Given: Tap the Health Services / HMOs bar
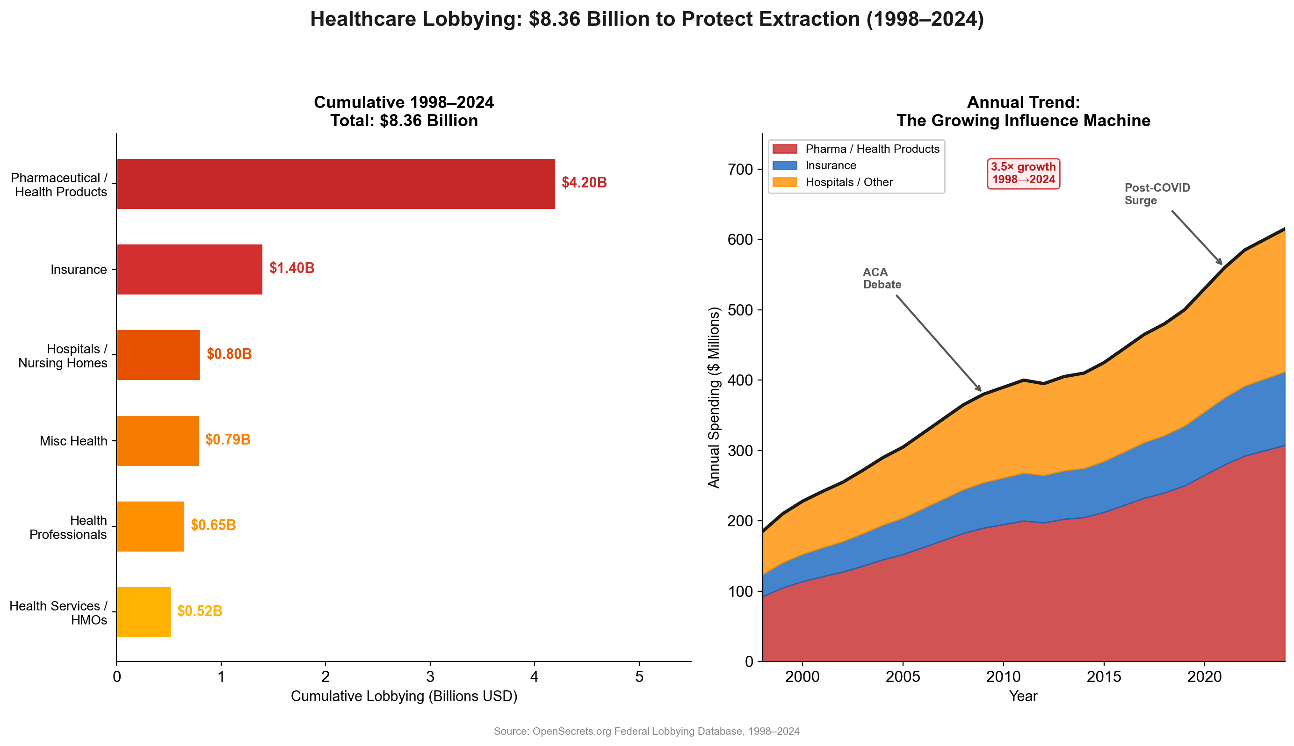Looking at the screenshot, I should (x=144, y=612).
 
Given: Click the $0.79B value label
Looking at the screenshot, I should (x=228, y=439).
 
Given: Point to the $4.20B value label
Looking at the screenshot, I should (x=584, y=182).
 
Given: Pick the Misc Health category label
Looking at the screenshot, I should (x=73, y=441).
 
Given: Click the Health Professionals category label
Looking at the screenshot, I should (x=68, y=527).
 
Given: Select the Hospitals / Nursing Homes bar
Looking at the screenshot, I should (x=158, y=355).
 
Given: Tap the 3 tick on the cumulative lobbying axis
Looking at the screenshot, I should (x=430, y=677).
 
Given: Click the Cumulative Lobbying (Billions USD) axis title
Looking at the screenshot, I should (x=404, y=696).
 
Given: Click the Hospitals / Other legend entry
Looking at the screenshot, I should (x=849, y=182).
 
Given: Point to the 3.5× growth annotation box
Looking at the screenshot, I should (x=1023, y=173).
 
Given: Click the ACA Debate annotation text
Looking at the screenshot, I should (x=882, y=278).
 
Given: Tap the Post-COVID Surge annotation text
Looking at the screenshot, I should (x=1157, y=194).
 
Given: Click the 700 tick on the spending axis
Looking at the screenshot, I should (x=740, y=169).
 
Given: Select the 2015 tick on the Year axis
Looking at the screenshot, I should (x=1103, y=677).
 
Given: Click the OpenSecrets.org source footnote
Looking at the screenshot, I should (x=646, y=731).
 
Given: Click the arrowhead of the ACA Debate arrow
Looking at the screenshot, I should (x=980, y=390).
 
